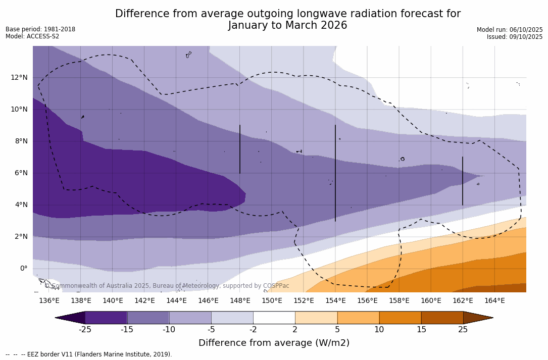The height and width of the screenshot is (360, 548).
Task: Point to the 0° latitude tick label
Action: (x=23, y=268)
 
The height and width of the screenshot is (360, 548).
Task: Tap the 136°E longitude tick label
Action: (x=49, y=301)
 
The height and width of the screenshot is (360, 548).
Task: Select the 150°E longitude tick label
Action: (x=272, y=301)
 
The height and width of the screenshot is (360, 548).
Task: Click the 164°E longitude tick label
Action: (x=494, y=301)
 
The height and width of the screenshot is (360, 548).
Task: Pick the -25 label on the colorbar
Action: (x=85, y=330)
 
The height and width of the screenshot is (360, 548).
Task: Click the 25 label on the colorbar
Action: (x=463, y=330)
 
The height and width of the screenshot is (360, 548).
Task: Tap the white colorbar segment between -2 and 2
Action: (x=274, y=318)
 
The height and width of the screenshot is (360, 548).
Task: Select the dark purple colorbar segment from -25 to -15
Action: (x=106, y=318)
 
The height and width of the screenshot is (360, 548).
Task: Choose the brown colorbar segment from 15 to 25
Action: (x=442, y=318)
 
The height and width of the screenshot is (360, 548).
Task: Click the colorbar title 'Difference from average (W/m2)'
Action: (x=274, y=343)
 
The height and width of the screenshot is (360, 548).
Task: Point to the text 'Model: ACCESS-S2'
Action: (x=32, y=36)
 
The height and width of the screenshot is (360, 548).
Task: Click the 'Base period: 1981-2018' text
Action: (x=40, y=29)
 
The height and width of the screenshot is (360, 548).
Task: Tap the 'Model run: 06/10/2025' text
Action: (x=510, y=30)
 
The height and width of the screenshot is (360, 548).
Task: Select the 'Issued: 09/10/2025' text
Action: (x=515, y=37)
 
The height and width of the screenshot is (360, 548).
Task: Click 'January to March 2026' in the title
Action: (x=287, y=26)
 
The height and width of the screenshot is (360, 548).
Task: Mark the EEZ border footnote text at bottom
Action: (x=88, y=354)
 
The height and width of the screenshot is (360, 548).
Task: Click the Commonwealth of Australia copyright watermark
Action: (x=167, y=286)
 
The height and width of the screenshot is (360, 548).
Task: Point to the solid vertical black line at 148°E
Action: (x=240, y=149)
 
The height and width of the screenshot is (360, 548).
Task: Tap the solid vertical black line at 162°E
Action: (x=463, y=181)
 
